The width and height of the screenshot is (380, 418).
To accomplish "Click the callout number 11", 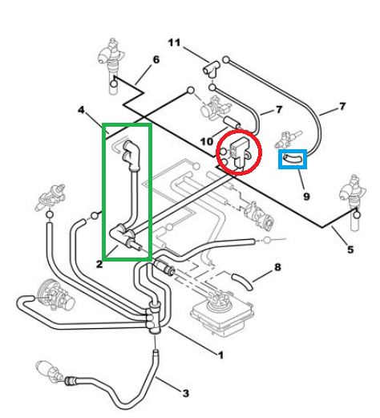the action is pos(174,43).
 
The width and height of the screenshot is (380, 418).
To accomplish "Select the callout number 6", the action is pos(156,59).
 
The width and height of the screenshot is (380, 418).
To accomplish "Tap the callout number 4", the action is pos(81,110).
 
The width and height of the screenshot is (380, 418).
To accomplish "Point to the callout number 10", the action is pos(207,141).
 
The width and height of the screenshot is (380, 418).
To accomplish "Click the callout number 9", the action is pos(306,197).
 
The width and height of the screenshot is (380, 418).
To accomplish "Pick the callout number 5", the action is pos(350,250).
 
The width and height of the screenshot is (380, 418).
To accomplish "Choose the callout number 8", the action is pos(277,267).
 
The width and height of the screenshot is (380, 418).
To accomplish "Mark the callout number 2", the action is pos(99,264).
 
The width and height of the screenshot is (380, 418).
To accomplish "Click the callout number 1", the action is pos(220,355).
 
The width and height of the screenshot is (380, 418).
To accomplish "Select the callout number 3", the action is pos(186,393).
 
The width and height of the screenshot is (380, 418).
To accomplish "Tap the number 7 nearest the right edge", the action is pos(342,107).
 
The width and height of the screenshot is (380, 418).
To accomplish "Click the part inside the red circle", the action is pos(239,152).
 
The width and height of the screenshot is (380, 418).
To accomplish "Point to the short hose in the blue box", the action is pos(293,159).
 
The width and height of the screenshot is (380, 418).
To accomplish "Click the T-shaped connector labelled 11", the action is pos(212,69).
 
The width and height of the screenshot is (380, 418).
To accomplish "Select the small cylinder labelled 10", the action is pos(232,122).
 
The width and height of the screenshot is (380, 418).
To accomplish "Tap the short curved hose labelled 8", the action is pos(242,282).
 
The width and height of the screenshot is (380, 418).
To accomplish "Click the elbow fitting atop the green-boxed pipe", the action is pos(131,155).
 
